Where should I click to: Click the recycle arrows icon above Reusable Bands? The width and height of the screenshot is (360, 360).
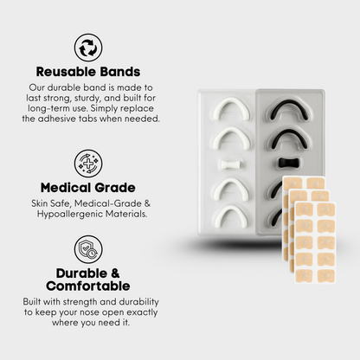[88, 48]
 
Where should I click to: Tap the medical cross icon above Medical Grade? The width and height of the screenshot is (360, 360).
[88, 163]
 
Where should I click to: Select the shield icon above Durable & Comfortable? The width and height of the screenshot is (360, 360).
[88, 249]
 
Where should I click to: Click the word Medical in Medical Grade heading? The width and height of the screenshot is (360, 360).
[66, 188]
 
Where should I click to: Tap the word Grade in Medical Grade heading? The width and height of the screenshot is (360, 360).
[115, 188]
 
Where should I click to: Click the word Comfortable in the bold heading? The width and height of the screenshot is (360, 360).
[88, 286]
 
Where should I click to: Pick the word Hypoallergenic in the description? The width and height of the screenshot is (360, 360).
[70, 215]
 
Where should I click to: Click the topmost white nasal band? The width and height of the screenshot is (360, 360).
[232, 109]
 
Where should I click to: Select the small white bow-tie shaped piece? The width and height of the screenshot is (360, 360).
[231, 164]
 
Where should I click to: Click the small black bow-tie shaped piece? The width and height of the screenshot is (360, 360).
[290, 163]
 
